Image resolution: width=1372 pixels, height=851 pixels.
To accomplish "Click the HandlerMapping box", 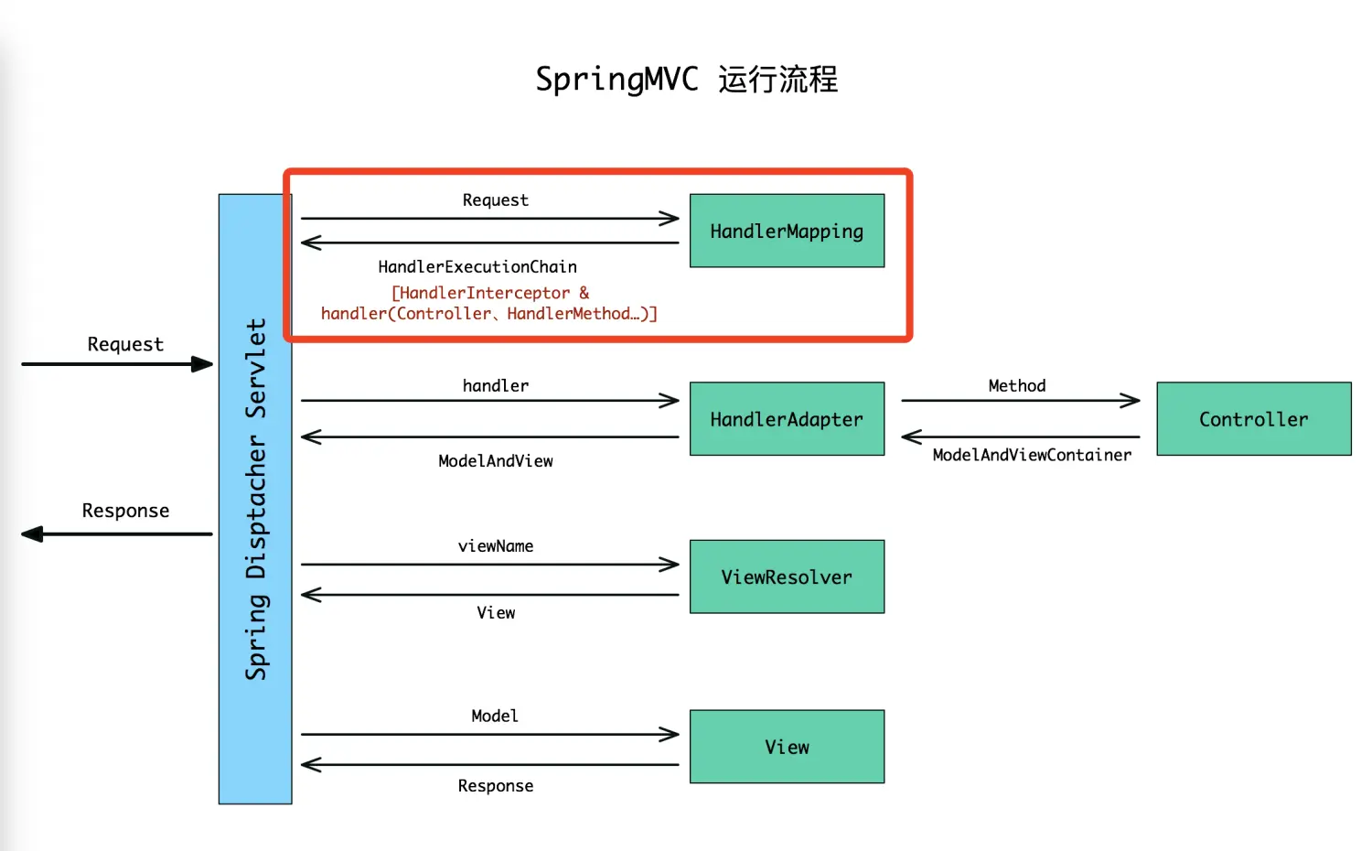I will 787,231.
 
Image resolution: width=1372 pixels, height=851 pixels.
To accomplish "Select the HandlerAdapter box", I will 787,419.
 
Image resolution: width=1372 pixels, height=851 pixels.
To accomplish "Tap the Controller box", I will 1253,419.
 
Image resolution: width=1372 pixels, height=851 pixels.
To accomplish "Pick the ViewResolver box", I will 787,576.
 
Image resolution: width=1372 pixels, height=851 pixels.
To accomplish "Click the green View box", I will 787,747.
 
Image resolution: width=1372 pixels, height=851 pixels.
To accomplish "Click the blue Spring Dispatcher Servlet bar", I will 255,499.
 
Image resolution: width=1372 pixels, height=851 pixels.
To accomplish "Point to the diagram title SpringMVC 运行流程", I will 686,80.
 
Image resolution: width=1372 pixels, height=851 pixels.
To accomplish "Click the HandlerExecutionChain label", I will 477,267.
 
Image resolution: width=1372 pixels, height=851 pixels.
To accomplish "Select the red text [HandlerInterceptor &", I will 490,293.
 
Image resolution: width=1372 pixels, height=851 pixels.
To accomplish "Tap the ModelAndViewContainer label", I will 1032,455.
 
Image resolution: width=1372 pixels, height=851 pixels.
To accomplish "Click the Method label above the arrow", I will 1016,386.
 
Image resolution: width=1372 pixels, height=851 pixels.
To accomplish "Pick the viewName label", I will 496,546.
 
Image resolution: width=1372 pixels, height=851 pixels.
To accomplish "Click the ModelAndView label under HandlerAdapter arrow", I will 496,461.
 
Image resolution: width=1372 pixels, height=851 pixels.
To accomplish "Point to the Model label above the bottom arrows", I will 495,716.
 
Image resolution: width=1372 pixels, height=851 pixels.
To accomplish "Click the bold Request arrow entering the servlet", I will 117,364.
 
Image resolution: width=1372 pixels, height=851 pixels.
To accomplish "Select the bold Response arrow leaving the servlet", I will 117,534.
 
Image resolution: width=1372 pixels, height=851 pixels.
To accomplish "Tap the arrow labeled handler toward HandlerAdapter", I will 489,401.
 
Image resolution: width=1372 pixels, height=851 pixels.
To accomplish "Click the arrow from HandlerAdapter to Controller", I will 1020,401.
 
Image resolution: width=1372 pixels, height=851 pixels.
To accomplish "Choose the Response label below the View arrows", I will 496,786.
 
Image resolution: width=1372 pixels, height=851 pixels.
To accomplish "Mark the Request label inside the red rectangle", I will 495,200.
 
